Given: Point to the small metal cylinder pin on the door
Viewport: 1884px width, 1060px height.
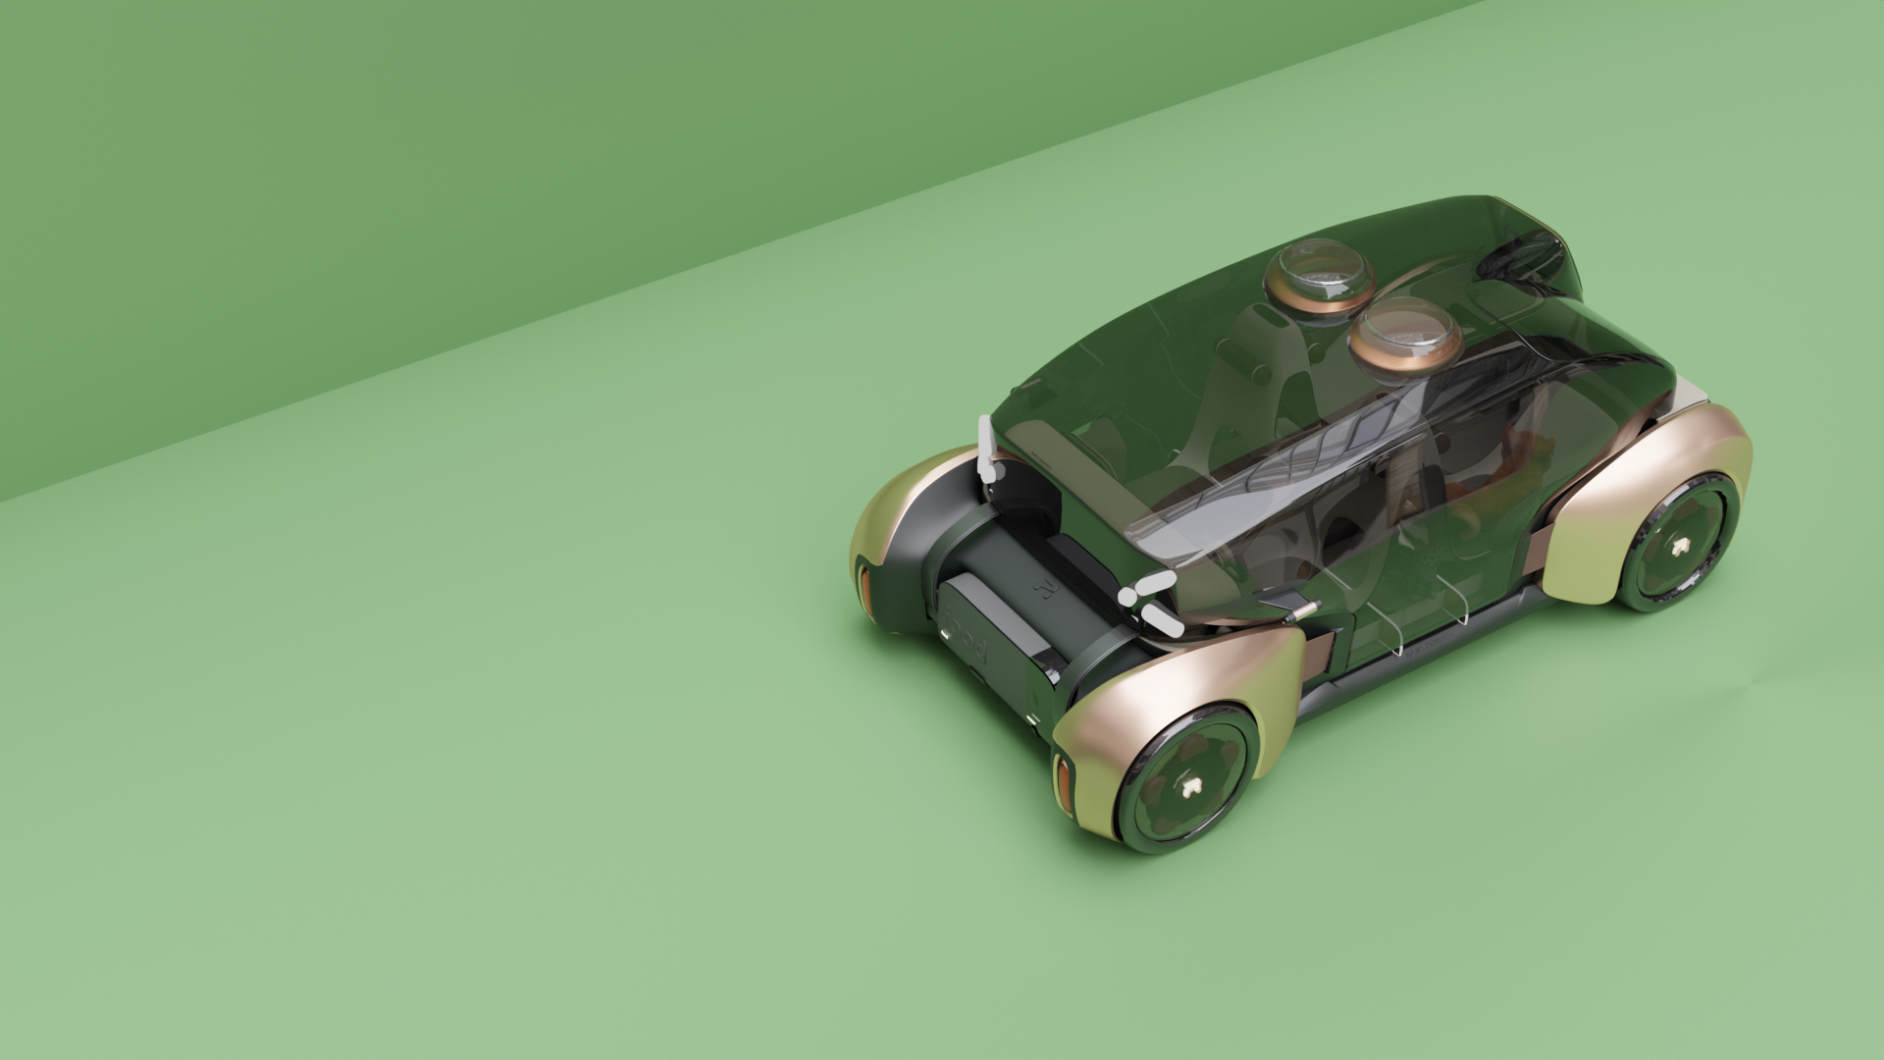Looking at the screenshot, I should pos(1303,610).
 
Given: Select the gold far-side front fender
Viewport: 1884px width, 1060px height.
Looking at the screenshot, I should pos(903,510).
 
